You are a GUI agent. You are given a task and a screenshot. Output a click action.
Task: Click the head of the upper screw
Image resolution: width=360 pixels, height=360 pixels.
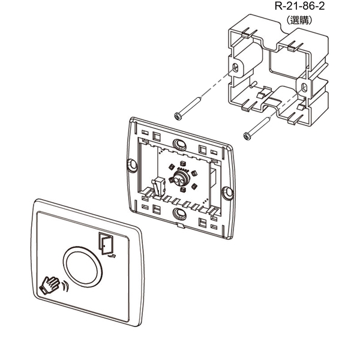pos(177,115)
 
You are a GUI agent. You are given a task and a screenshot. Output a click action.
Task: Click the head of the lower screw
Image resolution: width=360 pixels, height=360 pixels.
pos(246,136)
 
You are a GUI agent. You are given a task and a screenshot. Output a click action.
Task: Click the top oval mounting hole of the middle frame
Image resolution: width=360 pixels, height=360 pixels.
pos(179,143)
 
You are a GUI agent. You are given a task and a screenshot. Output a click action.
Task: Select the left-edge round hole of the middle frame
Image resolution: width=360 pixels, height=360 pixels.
pos(131,163)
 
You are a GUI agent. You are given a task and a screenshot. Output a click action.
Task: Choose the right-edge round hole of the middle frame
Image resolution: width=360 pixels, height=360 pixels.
pos(227,191)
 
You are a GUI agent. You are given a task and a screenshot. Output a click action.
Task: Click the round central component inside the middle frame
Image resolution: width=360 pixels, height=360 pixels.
pos(180,178)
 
